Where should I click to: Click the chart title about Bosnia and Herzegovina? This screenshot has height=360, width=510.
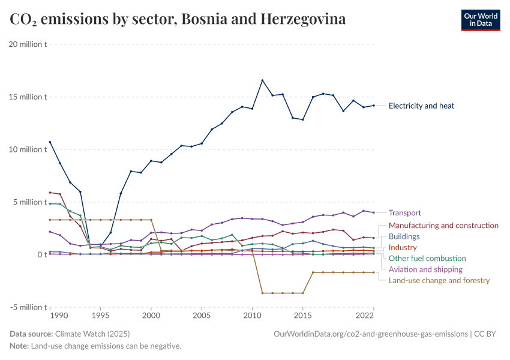click(x=178, y=19)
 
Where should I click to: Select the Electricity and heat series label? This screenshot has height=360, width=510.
click(x=421, y=106)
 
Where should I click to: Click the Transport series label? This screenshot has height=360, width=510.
click(x=404, y=213)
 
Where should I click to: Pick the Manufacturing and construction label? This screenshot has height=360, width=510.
click(x=443, y=226)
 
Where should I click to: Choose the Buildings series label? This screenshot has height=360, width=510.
click(x=404, y=236)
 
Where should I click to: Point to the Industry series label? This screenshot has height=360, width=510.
click(x=403, y=248)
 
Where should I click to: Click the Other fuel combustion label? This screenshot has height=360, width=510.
click(x=427, y=259)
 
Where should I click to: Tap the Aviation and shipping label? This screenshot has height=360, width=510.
click(x=425, y=269)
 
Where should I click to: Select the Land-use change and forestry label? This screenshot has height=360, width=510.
click(x=439, y=280)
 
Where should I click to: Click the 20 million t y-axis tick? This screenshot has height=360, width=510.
click(x=28, y=44)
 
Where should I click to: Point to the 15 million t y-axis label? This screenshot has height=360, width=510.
click(x=28, y=97)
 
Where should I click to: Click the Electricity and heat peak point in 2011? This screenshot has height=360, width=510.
click(x=262, y=80)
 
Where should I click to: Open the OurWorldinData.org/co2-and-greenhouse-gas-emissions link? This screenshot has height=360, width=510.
click(x=370, y=334)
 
